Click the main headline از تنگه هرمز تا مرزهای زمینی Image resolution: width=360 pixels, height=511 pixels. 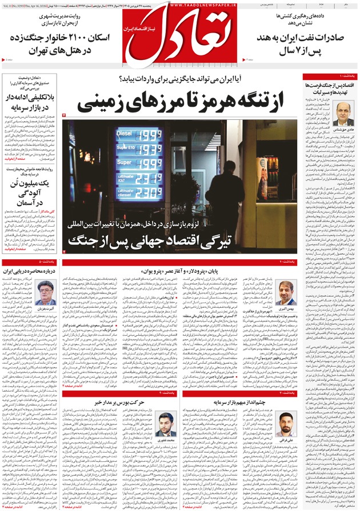(180, 103)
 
